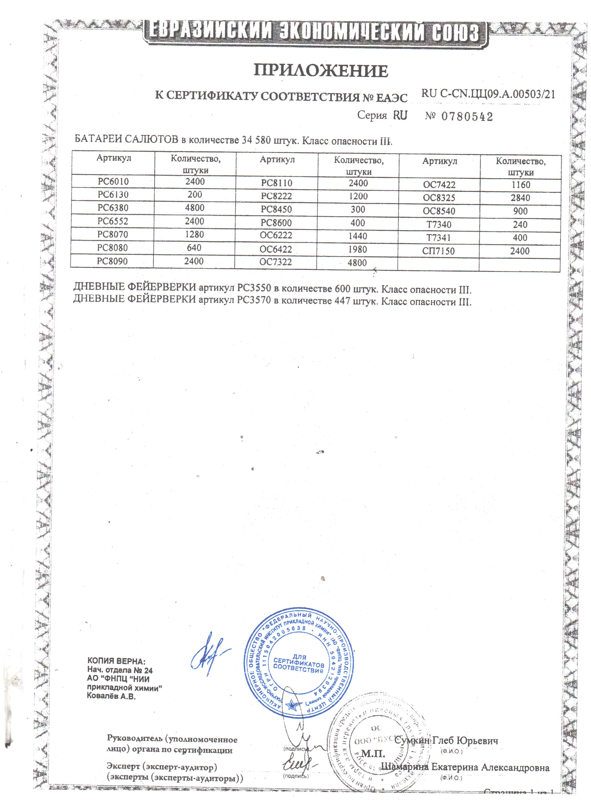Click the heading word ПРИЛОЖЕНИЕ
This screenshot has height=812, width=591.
321,71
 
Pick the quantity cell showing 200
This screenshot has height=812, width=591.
195,194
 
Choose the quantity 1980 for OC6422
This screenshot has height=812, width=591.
358,249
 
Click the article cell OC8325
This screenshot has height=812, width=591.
439,198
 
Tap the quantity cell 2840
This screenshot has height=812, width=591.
520,198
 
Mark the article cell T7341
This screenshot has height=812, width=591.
439,238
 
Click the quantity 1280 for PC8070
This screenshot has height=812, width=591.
194,234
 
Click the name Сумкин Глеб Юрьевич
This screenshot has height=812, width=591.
446,740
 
